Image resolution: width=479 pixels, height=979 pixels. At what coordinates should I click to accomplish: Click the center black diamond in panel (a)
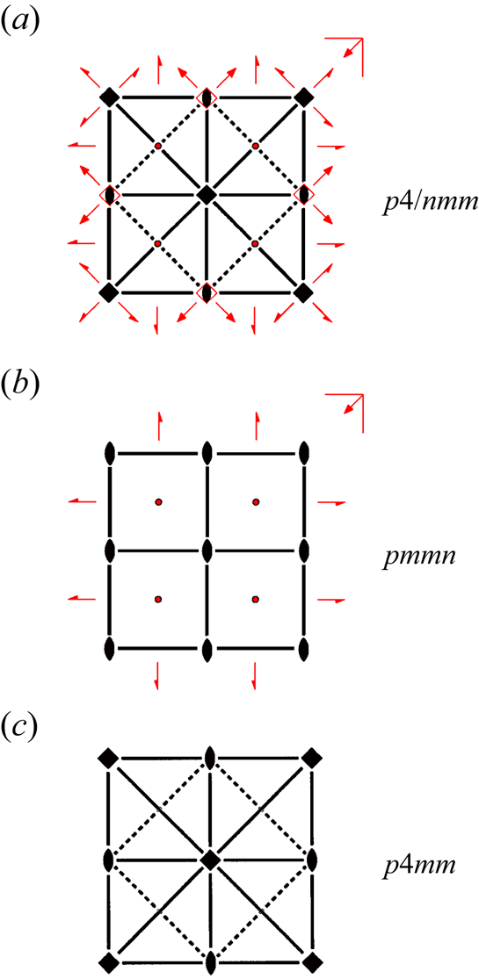click(x=207, y=195)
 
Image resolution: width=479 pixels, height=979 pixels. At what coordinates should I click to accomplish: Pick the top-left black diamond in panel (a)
click(x=110, y=97)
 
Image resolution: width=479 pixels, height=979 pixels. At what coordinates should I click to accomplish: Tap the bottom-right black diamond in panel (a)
click(x=304, y=292)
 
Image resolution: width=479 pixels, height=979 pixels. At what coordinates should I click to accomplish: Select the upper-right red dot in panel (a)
click(x=255, y=146)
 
